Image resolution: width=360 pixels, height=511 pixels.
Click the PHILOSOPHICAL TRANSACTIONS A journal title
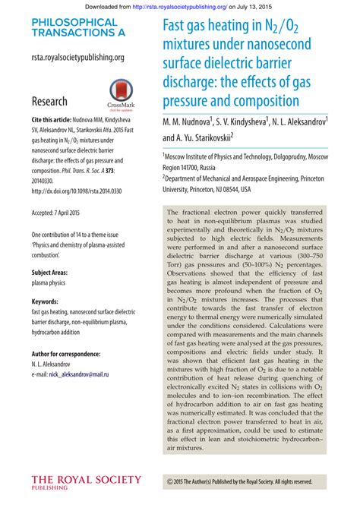tap(74, 28)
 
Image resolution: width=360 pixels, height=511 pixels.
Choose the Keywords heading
tap(45, 301)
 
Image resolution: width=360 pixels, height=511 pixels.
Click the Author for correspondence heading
tap(66, 354)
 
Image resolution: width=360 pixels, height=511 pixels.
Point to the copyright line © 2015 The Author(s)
tap(239, 481)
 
